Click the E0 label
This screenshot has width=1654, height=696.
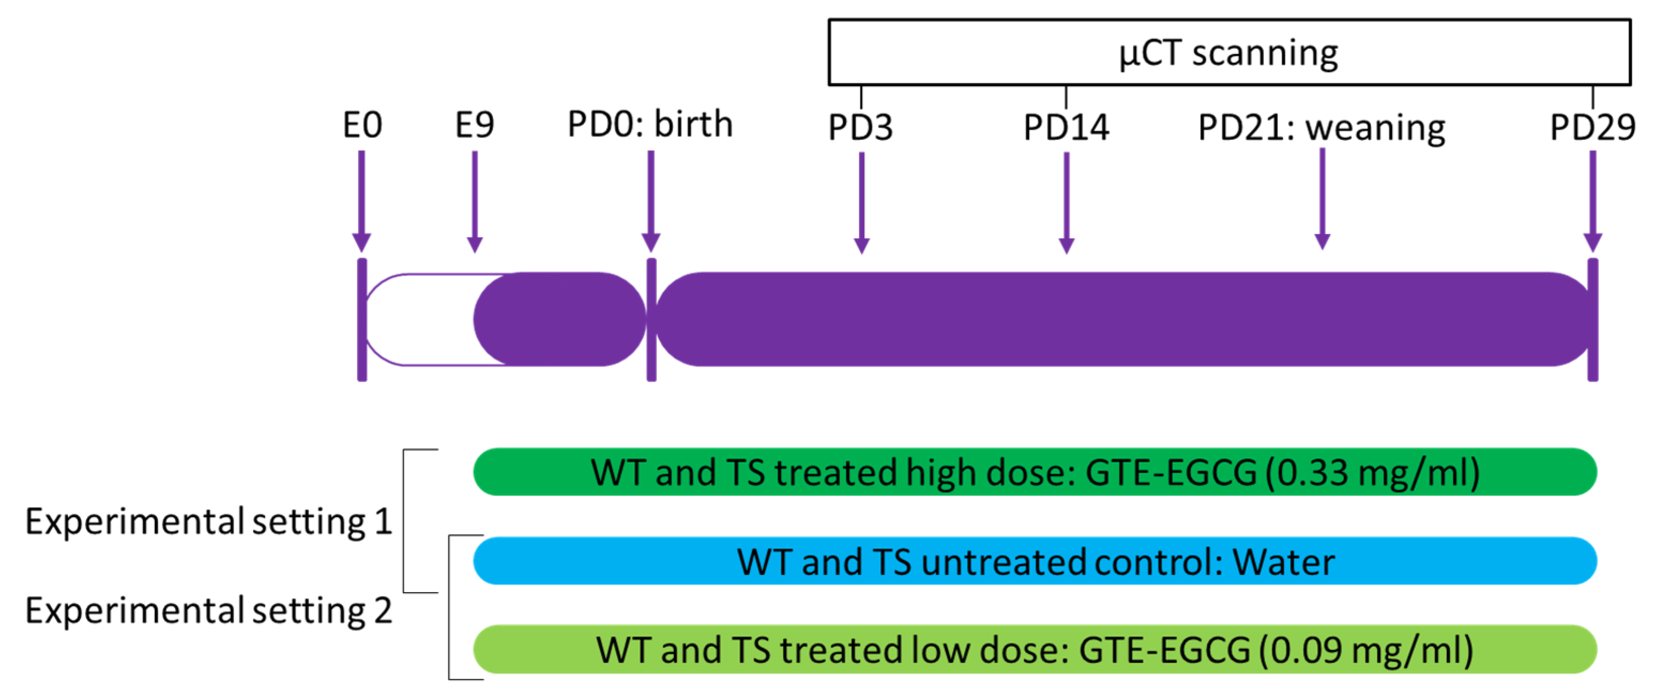coord(362,125)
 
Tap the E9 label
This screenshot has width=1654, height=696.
coord(475,125)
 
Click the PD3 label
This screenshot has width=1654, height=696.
coord(860,127)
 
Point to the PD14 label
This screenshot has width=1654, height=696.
coord(1066,127)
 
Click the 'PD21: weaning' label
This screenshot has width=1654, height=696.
coord(1321,127)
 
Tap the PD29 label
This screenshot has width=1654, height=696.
coord(1592,127)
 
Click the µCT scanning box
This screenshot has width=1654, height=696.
coord(1229,53)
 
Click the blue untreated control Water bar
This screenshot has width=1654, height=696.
coord(1035,561)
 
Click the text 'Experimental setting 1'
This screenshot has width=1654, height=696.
coord(209,521)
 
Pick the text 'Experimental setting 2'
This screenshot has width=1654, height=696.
coord(209,610)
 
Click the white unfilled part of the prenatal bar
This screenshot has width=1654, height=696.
coord(424,319)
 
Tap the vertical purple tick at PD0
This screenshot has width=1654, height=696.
coord(651,319)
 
